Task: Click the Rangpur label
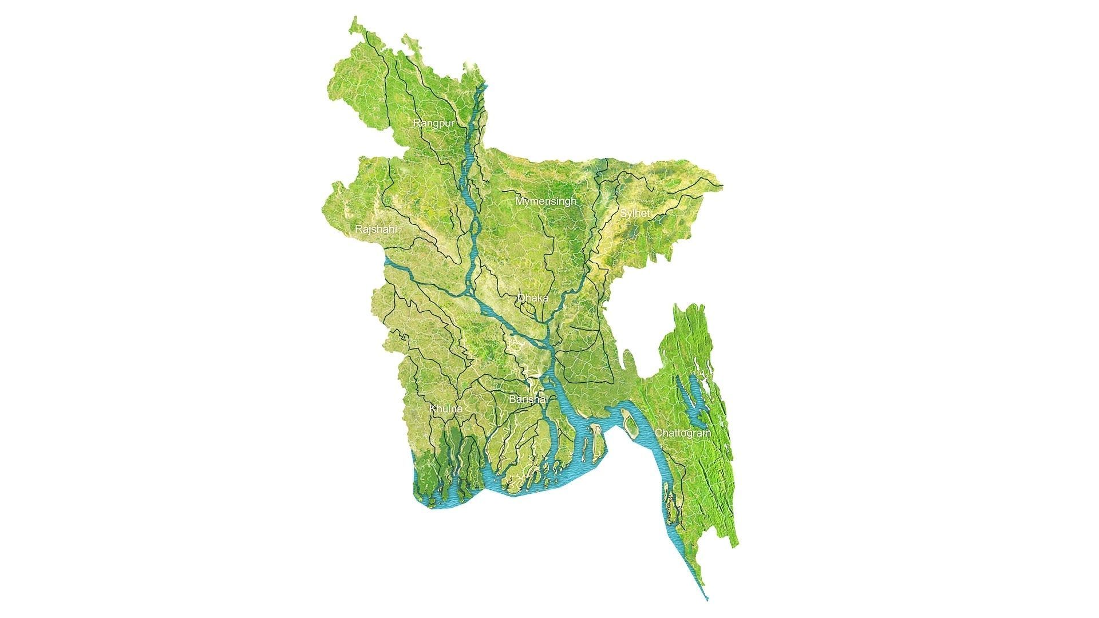tap(434, 123)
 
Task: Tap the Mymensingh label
tap(545, 201)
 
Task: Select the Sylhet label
tap(635, 213)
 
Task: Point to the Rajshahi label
tap(375, 229)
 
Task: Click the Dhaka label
tap(533, 298)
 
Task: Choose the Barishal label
tap(528, 399)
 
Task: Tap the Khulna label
tap(445, 409)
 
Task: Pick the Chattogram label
tap(683, 433)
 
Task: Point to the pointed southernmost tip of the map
tap(707, 599)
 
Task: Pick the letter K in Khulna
tap(432, 409)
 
